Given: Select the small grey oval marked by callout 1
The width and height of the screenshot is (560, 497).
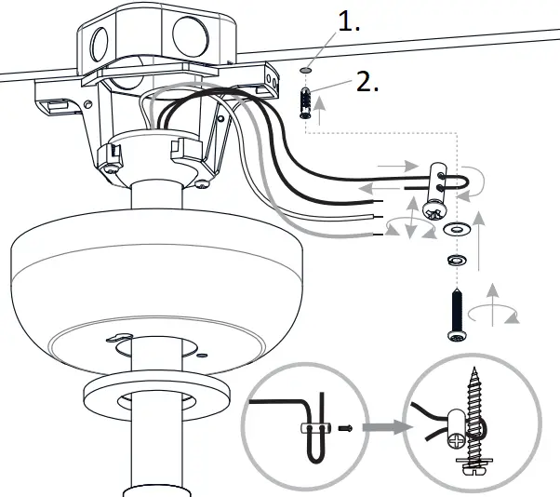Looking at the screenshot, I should (306, 70).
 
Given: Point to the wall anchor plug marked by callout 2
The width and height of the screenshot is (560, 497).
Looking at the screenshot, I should (303, 103).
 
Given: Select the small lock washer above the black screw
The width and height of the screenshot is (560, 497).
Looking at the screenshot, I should (456, 258).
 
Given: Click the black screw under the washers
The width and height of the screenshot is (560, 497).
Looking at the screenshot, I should (456, 316).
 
